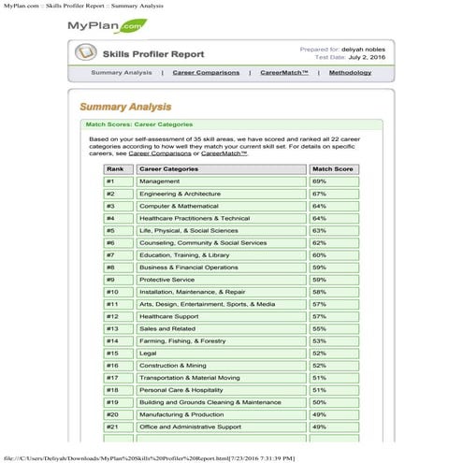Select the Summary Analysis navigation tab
(x=122, y=72)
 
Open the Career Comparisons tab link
(x=205, y=72)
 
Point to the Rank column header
(x=116, y=169)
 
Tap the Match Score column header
(x=331, y=169)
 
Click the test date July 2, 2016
(x=359, y=57)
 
